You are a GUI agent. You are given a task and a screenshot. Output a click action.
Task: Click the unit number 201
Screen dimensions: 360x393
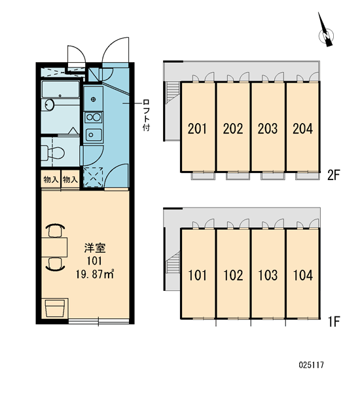[198, 128]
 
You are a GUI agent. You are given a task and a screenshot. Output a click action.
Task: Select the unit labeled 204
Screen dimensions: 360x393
[302, 128]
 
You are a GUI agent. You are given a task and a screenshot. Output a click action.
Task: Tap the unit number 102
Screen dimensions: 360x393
[233, 275]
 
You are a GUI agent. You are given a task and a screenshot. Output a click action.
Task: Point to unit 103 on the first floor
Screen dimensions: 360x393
[268, 275]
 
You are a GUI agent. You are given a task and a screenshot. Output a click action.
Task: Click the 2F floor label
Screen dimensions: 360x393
[333, 175]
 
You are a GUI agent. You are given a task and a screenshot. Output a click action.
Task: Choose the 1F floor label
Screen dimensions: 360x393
[334, 322]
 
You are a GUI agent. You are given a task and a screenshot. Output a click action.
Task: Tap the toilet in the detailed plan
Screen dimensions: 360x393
[53, 153]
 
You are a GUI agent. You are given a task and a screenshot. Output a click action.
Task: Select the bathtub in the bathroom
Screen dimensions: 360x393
[60, 89]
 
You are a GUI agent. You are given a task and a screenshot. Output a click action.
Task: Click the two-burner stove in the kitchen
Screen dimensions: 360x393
[94, 117]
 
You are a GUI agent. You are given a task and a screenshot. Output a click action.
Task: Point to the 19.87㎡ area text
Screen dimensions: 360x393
[95, 274]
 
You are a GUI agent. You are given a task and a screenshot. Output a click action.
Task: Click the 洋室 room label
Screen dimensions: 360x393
[95, 248]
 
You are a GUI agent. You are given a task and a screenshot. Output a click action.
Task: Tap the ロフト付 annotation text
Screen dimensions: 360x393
[146, 115]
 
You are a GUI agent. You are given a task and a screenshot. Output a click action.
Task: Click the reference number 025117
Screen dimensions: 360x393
[312, 365]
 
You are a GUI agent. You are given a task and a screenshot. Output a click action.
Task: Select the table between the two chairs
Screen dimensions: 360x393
[54, 248]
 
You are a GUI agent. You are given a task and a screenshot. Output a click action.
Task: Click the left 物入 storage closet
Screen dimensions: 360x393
[51, 179]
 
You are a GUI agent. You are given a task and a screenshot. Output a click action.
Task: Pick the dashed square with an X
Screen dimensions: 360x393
[93, 177]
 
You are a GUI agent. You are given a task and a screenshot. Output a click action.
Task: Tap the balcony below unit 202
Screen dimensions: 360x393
[238, 176]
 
